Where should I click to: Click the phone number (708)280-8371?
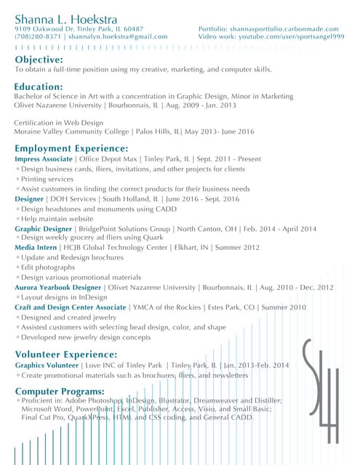(x=38, y=36)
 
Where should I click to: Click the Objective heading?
(x=39, y=59)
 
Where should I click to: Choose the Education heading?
(x=39, y=86)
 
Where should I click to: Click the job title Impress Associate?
(x=44, y=158)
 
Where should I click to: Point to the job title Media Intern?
(x=35, y=247)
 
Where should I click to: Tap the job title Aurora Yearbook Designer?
(x=57, y=287)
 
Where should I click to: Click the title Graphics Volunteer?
(x=46, y=365)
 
